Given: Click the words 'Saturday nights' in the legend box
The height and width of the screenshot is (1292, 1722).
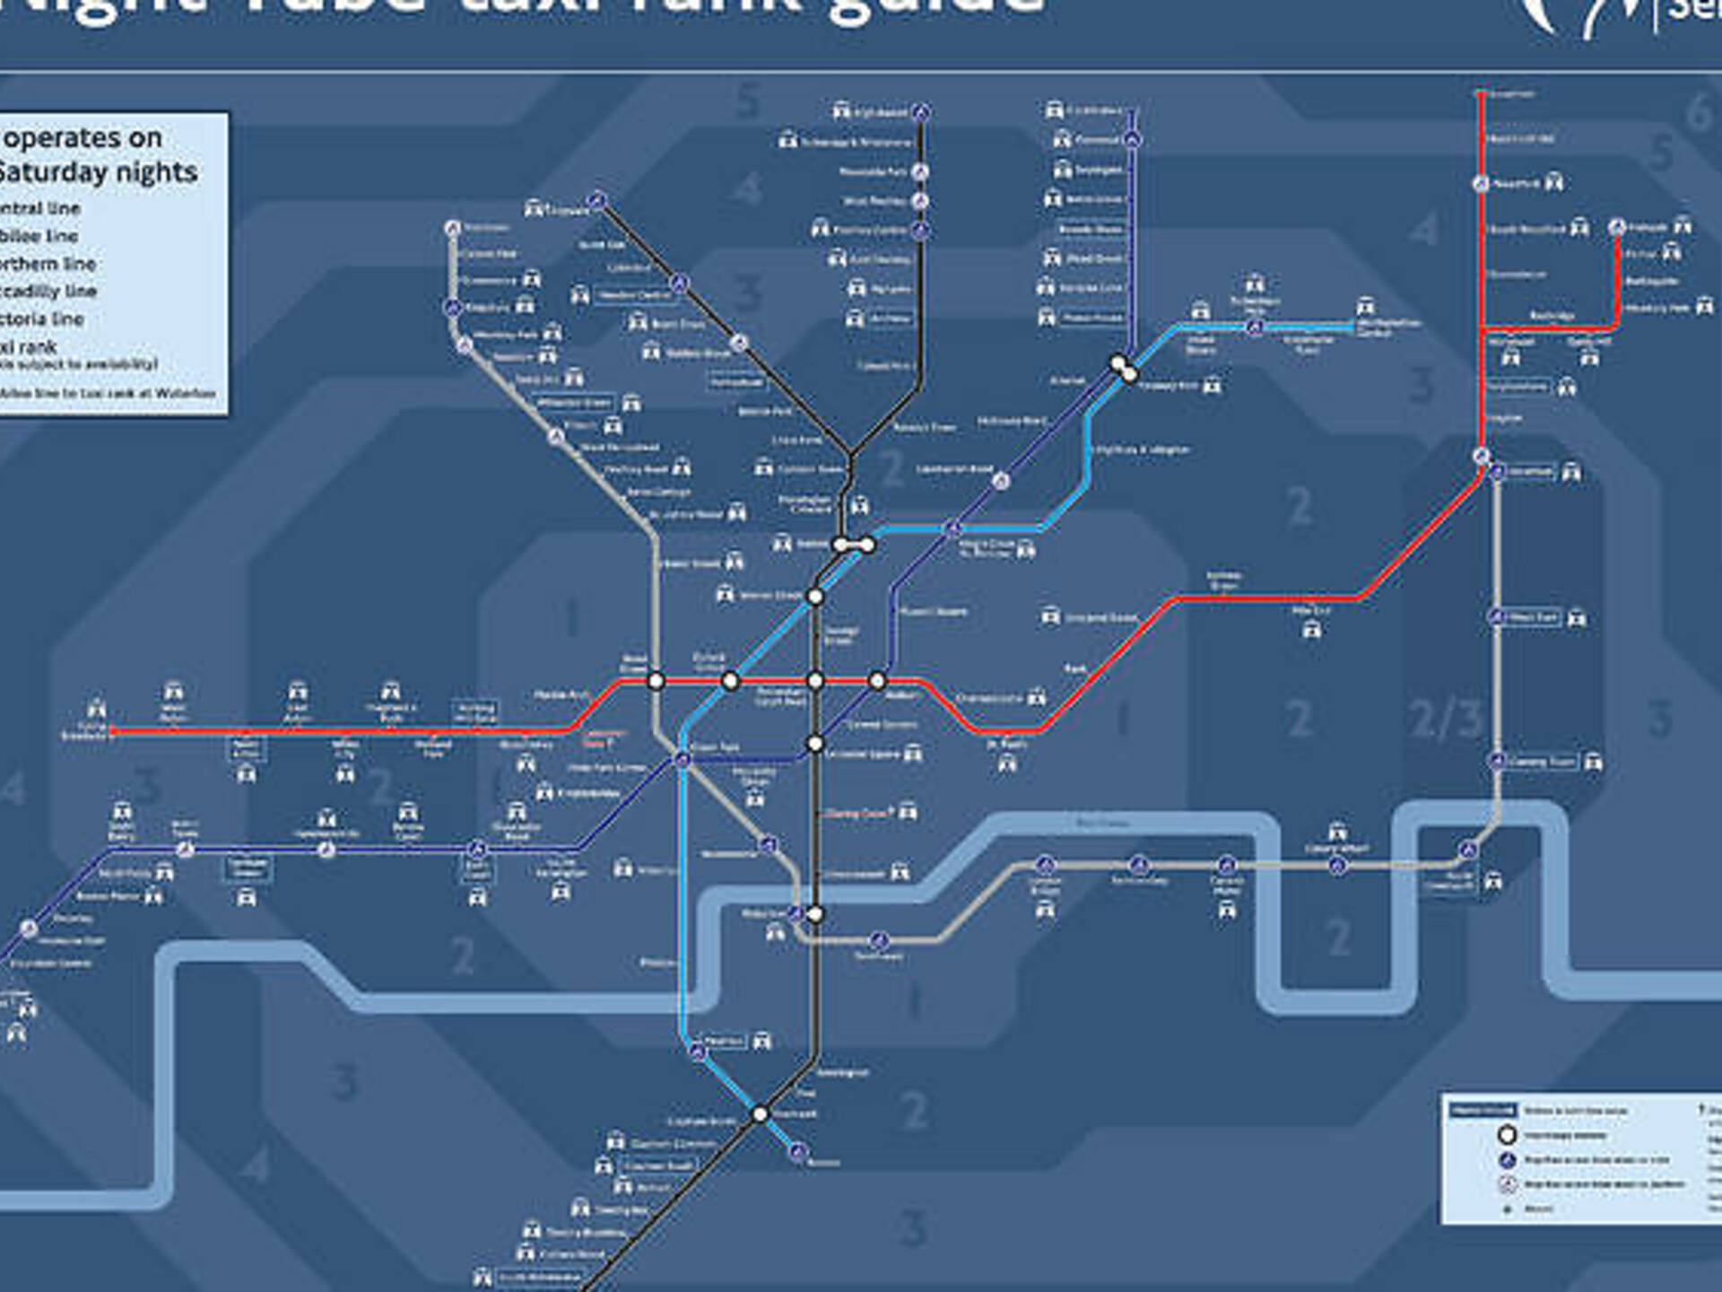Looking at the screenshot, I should click(99, 171).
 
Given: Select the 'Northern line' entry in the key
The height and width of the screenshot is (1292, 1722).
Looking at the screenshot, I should click(48, 264).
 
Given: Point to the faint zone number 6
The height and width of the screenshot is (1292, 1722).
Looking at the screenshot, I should click(1698, 113).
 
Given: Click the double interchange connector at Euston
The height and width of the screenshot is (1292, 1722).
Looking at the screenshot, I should click(854, 545).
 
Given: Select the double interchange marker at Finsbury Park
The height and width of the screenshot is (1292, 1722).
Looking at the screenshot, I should click(1124, 369).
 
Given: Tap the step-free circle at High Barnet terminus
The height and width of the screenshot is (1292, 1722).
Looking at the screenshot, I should click(921, 112).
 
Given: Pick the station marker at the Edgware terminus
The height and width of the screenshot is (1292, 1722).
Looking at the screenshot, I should click(598, 201).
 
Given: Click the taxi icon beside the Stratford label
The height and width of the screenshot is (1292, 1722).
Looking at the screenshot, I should click(1571, 472).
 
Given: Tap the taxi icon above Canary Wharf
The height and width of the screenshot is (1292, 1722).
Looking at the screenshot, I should click(1337, 829).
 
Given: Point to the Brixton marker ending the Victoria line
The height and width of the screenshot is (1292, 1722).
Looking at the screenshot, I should click(797, 1152).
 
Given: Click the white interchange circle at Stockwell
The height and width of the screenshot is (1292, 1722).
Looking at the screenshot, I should click(760, 1113).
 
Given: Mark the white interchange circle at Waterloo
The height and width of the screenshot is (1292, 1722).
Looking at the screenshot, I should click(815, 914).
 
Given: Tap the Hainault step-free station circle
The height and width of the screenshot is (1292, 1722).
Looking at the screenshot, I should click(1617, 227).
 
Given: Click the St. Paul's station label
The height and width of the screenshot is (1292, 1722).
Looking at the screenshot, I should click(1007, 744).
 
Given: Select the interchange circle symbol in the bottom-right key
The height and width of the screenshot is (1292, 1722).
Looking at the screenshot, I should click(1507, 1135).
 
